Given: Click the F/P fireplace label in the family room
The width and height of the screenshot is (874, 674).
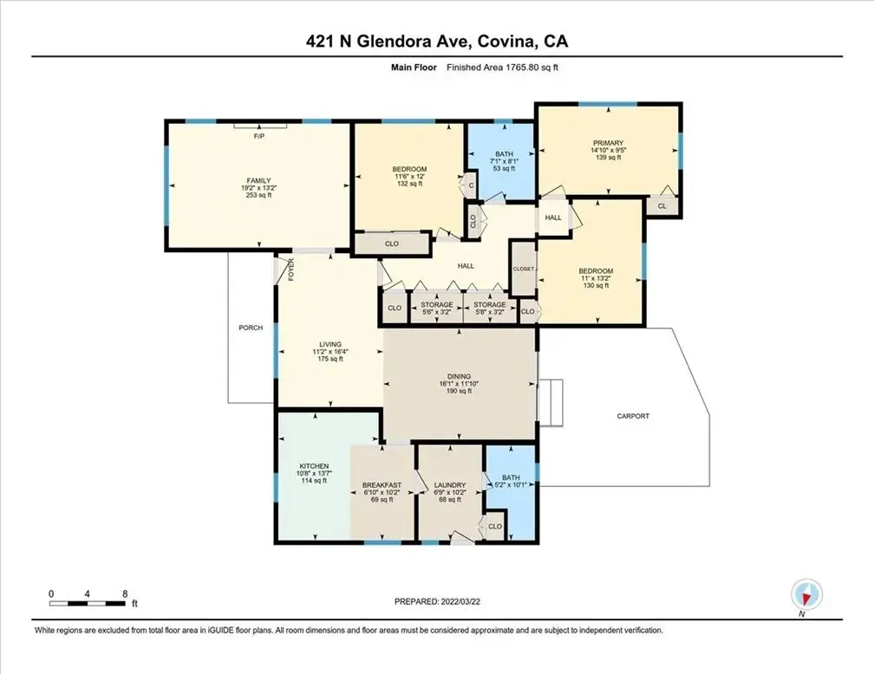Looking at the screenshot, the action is (259, 137).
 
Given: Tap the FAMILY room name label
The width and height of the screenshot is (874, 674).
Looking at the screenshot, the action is (259, 180).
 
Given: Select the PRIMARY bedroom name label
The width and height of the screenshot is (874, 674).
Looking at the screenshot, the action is (608, 143).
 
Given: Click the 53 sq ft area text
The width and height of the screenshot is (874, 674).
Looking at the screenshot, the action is (504, 168).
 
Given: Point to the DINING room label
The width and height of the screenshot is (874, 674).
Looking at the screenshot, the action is (459, 377).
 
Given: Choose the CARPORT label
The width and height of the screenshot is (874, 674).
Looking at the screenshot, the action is (633, 416).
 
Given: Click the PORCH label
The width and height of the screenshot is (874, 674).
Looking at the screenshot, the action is (251, 327).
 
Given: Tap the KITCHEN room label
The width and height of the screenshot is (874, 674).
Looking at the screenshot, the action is (315, 466).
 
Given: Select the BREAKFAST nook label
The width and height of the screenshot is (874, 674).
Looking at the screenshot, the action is (382, 485).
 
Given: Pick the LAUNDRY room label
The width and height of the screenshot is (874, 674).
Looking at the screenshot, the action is (450, 485).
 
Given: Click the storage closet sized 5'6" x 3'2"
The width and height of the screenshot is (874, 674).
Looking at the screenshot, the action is (436, 308).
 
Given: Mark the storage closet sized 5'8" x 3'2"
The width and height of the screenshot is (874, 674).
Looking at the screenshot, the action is (489, 308).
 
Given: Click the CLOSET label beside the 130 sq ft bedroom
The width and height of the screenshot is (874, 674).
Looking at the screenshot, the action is (524, 269).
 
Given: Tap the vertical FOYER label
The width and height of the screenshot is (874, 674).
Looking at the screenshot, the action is (291, 269).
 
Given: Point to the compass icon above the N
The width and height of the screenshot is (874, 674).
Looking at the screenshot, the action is (806, 594).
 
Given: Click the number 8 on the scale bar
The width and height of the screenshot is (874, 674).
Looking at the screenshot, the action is (125, 593).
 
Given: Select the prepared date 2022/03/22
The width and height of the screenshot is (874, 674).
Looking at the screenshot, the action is (460, 601).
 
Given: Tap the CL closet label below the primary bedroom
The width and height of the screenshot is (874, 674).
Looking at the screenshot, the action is (662, 206).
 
